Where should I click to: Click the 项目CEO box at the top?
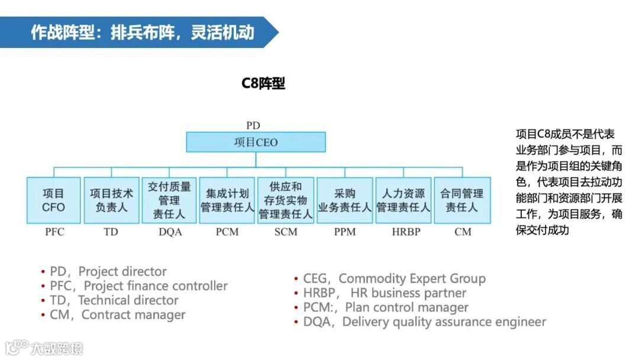pyautogui.click(x=256, y=142)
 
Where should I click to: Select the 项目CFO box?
pyautogui.click(x=53, y=200)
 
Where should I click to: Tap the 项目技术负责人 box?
pyautogui.click(x=111, y=200)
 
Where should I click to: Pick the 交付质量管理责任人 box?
pyautogui.click(x=169, y=200)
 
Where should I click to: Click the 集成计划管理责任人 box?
pyautogui.click(x=227, y=200)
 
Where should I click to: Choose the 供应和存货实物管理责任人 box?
pyautogui.click(x=286, y=200)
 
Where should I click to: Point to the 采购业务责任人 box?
pyautogui.click(x=345, y=200)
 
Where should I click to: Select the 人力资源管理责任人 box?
pyautogui.click(x=404, y=200)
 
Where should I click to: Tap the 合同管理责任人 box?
pyautogui.click(x=462, y=200)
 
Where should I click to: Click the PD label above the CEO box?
pyautogui.click(x=253, y=126)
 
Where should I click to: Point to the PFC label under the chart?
pyautogui.click(x=54, y=232)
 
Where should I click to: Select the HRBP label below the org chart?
pyautogui.click(x=406, y=232)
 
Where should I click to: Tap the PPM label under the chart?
pyautogui.click(x=345, y=232)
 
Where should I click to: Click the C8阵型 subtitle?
pyautogui.click(x=263, y=84)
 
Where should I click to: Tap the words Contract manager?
pyautogui.click(x=133, y=314)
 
